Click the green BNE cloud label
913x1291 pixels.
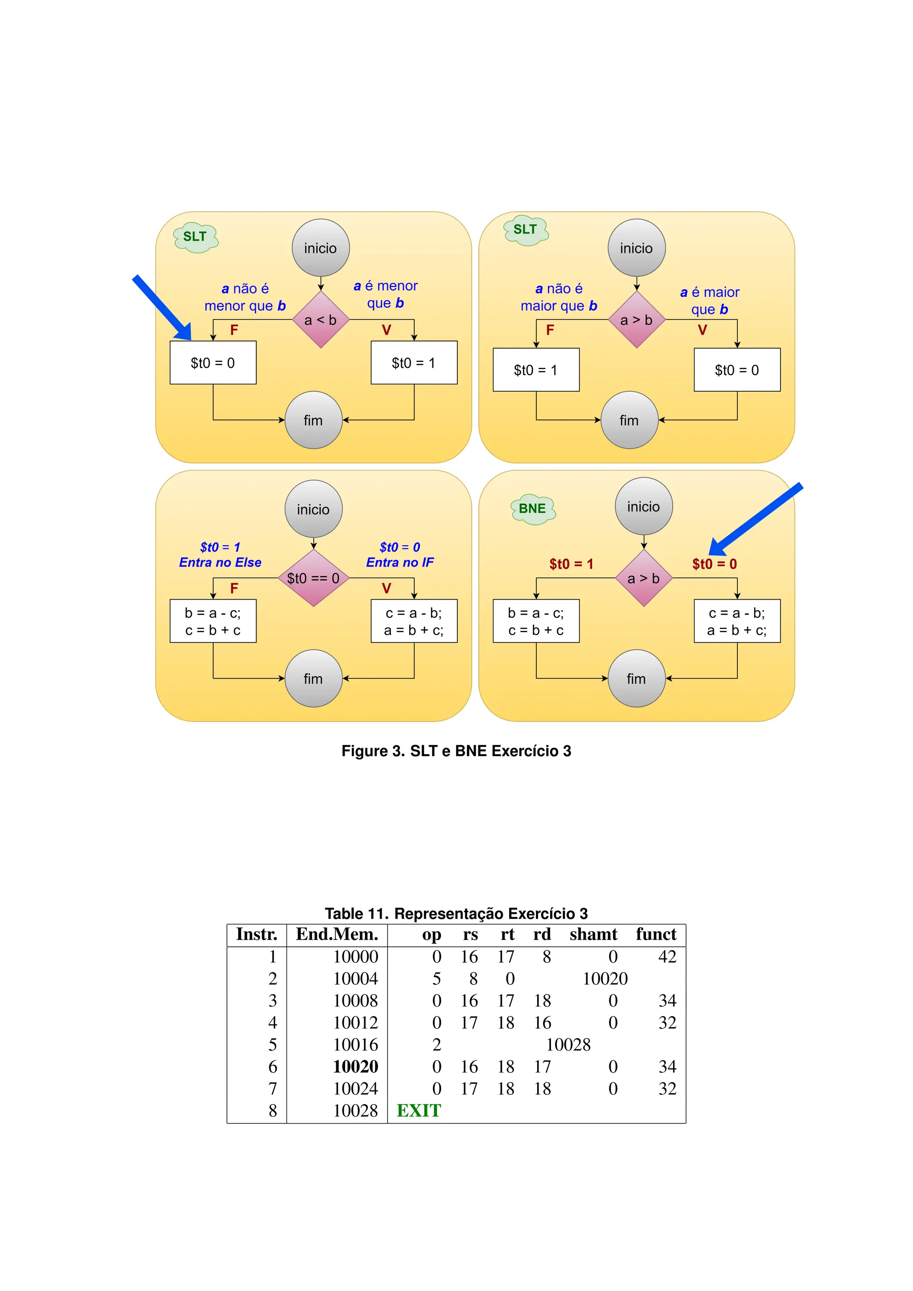532,509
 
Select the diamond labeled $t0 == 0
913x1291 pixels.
313,578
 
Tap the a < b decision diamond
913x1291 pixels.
321,320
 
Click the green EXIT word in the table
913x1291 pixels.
419,1111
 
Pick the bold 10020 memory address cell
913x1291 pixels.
355,1067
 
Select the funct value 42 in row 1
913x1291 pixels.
667,957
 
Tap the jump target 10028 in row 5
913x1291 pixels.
568,1045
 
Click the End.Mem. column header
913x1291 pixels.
337,934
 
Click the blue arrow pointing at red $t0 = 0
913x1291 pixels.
755,519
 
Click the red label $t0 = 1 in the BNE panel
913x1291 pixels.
571,564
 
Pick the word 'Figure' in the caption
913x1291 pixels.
366,751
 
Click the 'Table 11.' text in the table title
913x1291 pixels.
357,914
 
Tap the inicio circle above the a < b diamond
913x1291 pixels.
321,248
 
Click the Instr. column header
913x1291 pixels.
257,934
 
